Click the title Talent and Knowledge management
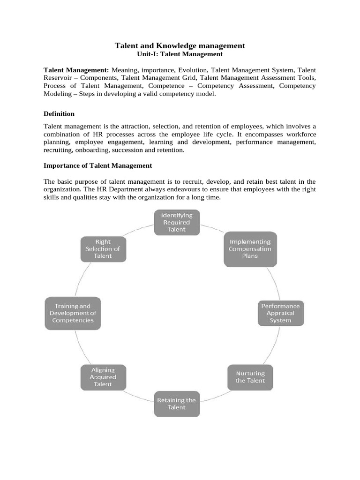(x=180, y=45)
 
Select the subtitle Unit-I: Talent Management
(x=180, y=54)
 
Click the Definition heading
(x=59, y=113)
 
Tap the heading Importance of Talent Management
(x=97, y=165)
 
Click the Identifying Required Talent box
(x=177, y=222)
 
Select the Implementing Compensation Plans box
(x=250, y=249)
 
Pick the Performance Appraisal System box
(x=280, y=313)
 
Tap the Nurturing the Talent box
(x=250, y=377)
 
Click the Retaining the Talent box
(x=177, y=404)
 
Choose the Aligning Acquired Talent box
(x=103, y=377)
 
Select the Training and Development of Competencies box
(x=73, y=313)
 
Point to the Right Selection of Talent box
(x=103, y=249)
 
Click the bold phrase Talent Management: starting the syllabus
(x=76, y=70)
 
